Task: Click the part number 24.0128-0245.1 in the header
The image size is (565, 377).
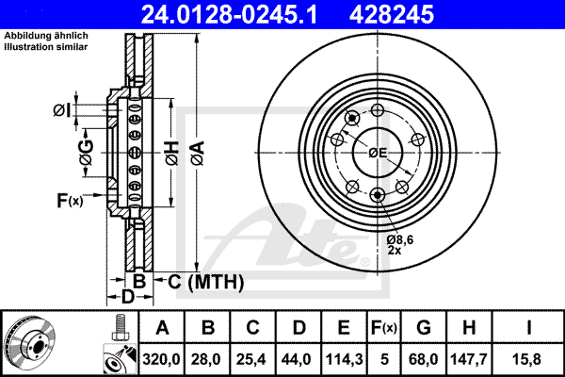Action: click(x=229, y=14)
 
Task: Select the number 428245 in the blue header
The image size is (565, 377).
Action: click(x=392, y=14)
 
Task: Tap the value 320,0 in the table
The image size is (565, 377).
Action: click(x=161, y=359)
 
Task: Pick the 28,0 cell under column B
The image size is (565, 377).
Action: click(x=205, y=359)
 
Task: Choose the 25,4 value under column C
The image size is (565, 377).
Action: click(x=251, y=359)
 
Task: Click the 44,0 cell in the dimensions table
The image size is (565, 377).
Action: click(x=297, y=359)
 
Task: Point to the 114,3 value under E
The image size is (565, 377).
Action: click(x=344, y=359)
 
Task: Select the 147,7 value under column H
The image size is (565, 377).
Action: click(x=469, y=359)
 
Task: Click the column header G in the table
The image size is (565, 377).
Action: click(x=424, y=328)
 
